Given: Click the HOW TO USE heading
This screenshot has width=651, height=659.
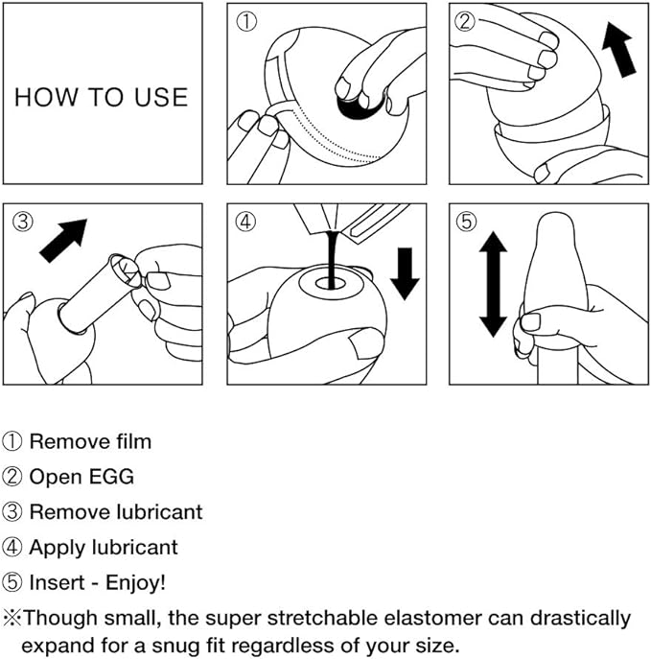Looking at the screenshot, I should click(101, 97).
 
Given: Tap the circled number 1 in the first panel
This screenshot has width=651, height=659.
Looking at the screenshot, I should click(246, 22).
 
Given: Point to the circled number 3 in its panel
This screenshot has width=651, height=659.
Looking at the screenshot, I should click(23, 222).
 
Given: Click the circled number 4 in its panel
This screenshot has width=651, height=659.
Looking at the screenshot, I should click(246, 222).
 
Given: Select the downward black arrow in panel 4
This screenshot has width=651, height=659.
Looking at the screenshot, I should click(406, 272).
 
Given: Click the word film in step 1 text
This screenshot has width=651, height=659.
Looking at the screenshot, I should click(132, 442).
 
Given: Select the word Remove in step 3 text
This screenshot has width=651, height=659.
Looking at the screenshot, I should click(62, 511).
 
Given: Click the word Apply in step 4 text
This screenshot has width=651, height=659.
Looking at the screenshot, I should click(55, 548).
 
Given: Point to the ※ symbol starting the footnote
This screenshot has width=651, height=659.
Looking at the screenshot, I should click(12, 619).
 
